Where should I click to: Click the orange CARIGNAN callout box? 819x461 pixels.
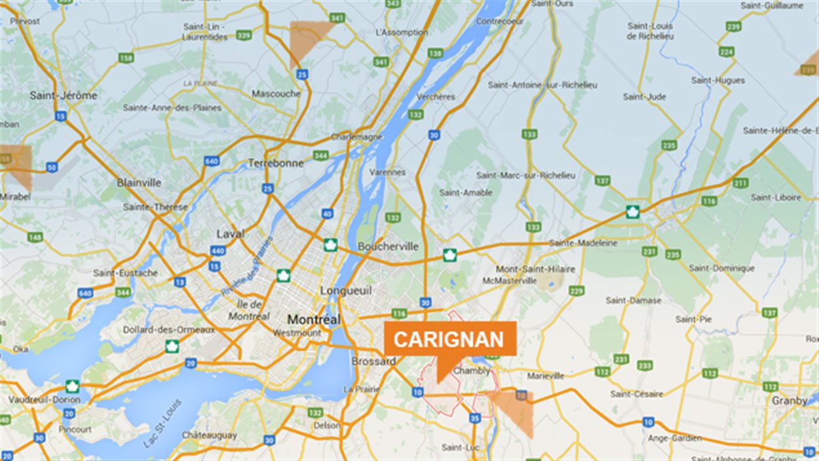tap(449, 339)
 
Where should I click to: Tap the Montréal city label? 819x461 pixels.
tap(314, 320)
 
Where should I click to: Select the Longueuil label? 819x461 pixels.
tap(346, 290)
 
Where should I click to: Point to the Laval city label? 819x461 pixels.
tap(231, 234)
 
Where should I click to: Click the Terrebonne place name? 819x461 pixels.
tap(275, 163)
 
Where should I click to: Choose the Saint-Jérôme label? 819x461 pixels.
tap(64, 95)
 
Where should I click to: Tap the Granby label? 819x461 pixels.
tap(790, 401)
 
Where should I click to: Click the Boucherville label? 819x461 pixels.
tap(388, 247)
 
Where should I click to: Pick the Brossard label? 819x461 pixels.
tap(373, 361)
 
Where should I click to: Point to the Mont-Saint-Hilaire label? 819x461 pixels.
tap(535, 270)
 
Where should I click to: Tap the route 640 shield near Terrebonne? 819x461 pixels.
tap(211, 161)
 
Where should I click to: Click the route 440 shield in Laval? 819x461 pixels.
tap(218, 251)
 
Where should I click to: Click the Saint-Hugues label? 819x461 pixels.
tap(718, 81)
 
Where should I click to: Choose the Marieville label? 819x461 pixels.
tap(546, 376)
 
